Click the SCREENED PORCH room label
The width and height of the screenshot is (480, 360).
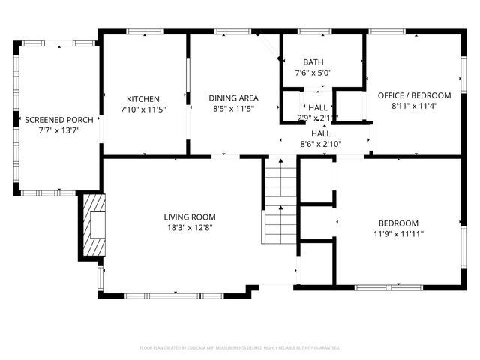[59, 120]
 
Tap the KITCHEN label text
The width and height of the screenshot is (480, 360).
[143, 98]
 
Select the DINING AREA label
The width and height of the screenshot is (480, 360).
[234, 98]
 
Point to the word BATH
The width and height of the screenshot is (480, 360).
[313, 62]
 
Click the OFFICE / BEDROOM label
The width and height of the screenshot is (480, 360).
[415, 95]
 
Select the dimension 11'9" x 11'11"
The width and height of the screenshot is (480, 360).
[398, 234]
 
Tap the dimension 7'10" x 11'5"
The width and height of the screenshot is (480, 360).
[143, 109]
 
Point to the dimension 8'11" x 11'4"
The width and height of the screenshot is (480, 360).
[415, 106]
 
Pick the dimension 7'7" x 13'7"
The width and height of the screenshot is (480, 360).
[59, 130]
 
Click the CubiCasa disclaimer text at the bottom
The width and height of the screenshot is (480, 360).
[240, 348]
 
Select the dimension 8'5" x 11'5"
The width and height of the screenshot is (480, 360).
[234, 109]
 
